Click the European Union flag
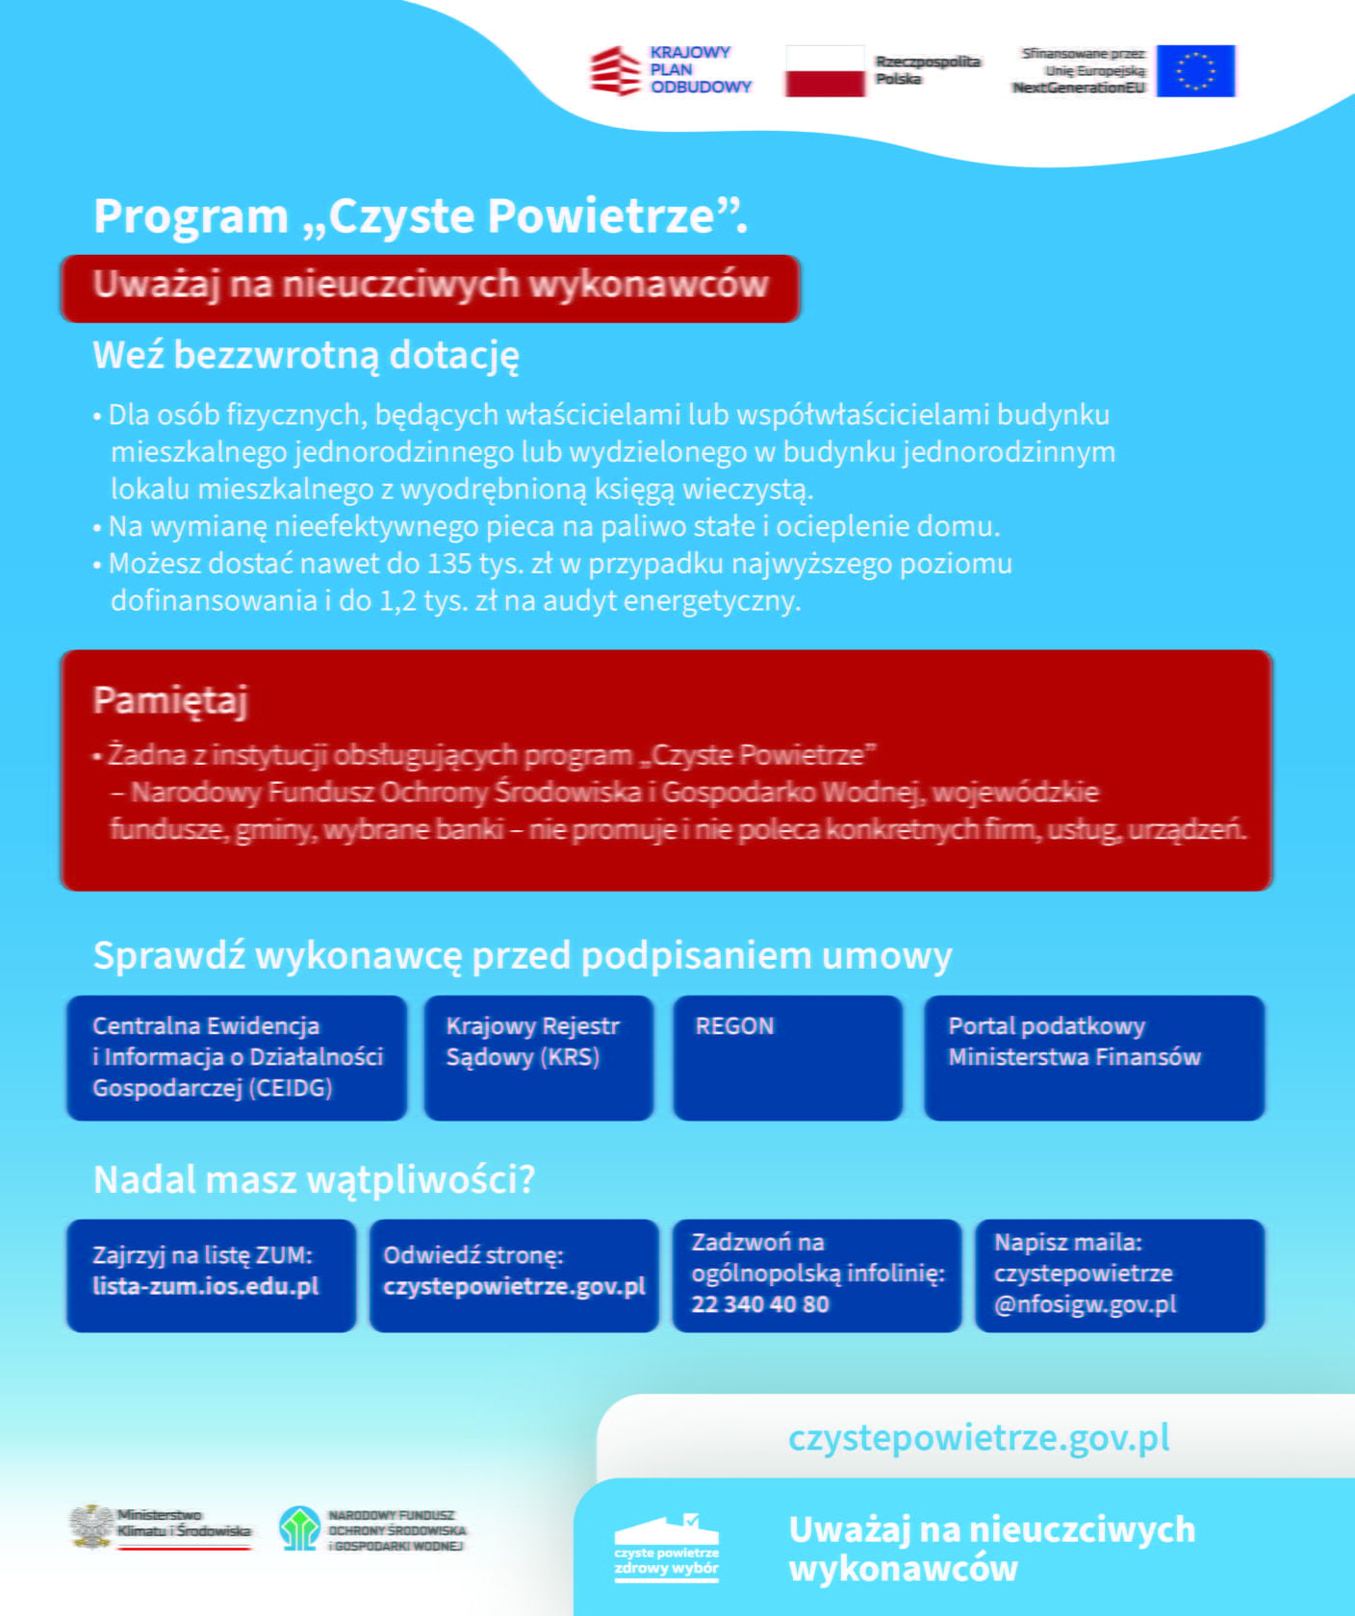tap(1195, 70)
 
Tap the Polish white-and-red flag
tap(825, 71)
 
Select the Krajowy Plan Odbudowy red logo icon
tap(615, 71)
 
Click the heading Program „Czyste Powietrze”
tap(420, 215)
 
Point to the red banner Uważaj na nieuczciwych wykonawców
tap(430, 287)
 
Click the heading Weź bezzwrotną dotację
tap(306, 356)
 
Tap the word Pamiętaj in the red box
tap(170, 699)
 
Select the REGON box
tap(787, 1057)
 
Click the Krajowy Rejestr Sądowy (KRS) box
tap(538, 1057)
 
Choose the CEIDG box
tap(237, 1057)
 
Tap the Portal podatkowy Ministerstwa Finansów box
tap(1093, 1057)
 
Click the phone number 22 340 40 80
tap(759, 1304)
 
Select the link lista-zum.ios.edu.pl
tap(205, 1287)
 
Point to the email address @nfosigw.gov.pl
tap(1085, 1304)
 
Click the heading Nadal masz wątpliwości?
tap(314, 1179)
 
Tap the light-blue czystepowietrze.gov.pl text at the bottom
tap(979, 1438)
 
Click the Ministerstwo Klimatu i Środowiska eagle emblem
tap(91, 1527)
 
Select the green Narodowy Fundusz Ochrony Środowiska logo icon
tap(299, 1528)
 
